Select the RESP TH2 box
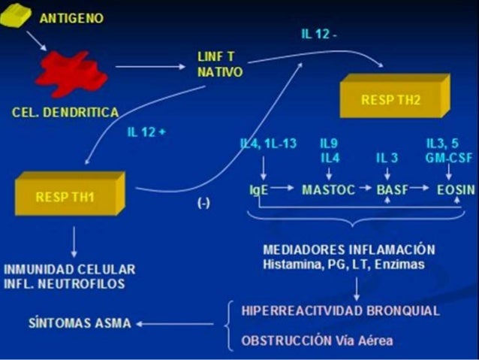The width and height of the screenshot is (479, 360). coord(390,98)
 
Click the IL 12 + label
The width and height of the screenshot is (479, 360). coord(146,132)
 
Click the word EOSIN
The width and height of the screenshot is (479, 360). coord(455,191)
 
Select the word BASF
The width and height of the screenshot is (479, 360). coord(392,191)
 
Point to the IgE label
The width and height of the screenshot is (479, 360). coord(259,191)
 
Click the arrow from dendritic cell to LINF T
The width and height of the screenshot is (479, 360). coord(149,67)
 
